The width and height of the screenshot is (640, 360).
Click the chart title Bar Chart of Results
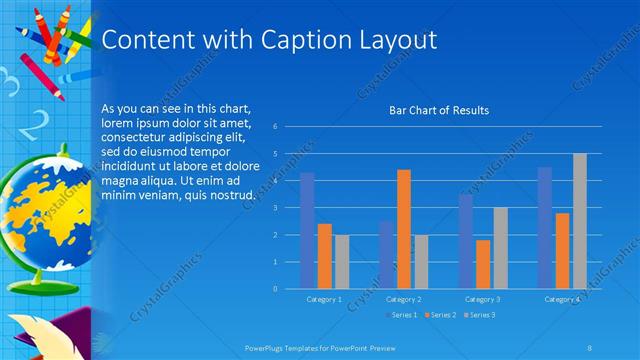(x=439, y=110)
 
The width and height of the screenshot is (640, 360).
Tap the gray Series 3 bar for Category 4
(x=579, y=221)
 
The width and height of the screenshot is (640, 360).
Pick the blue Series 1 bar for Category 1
(x=307, y=231)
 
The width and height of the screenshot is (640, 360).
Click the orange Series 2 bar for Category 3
(x=483, y=264)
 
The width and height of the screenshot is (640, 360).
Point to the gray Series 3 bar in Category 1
(x=342, y=262)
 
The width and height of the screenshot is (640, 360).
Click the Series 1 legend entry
(x=403, y=315)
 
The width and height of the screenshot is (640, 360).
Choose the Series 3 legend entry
(x=478, y=315)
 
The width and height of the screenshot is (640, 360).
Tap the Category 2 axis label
(x=403, y=299)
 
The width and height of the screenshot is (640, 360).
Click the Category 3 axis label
(x=483, y=299)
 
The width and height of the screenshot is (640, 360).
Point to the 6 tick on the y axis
(x=289, y=127)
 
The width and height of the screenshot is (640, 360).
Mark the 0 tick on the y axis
(x=289, y=289)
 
